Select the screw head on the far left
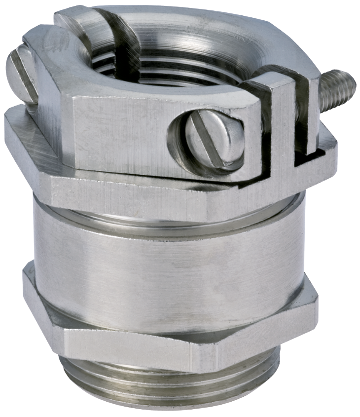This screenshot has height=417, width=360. (22, 76)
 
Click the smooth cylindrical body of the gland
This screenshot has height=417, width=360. (168, 266)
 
